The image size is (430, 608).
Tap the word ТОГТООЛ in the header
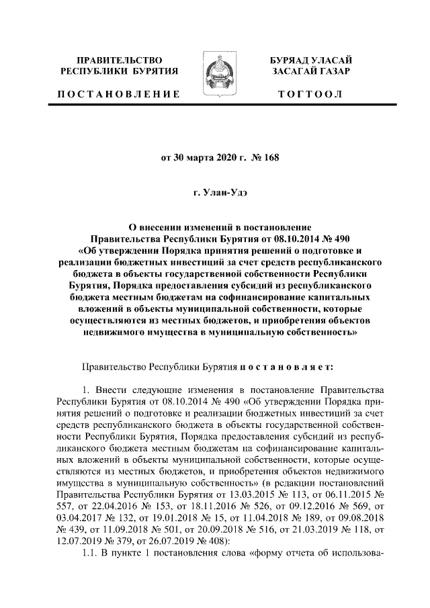310,94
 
